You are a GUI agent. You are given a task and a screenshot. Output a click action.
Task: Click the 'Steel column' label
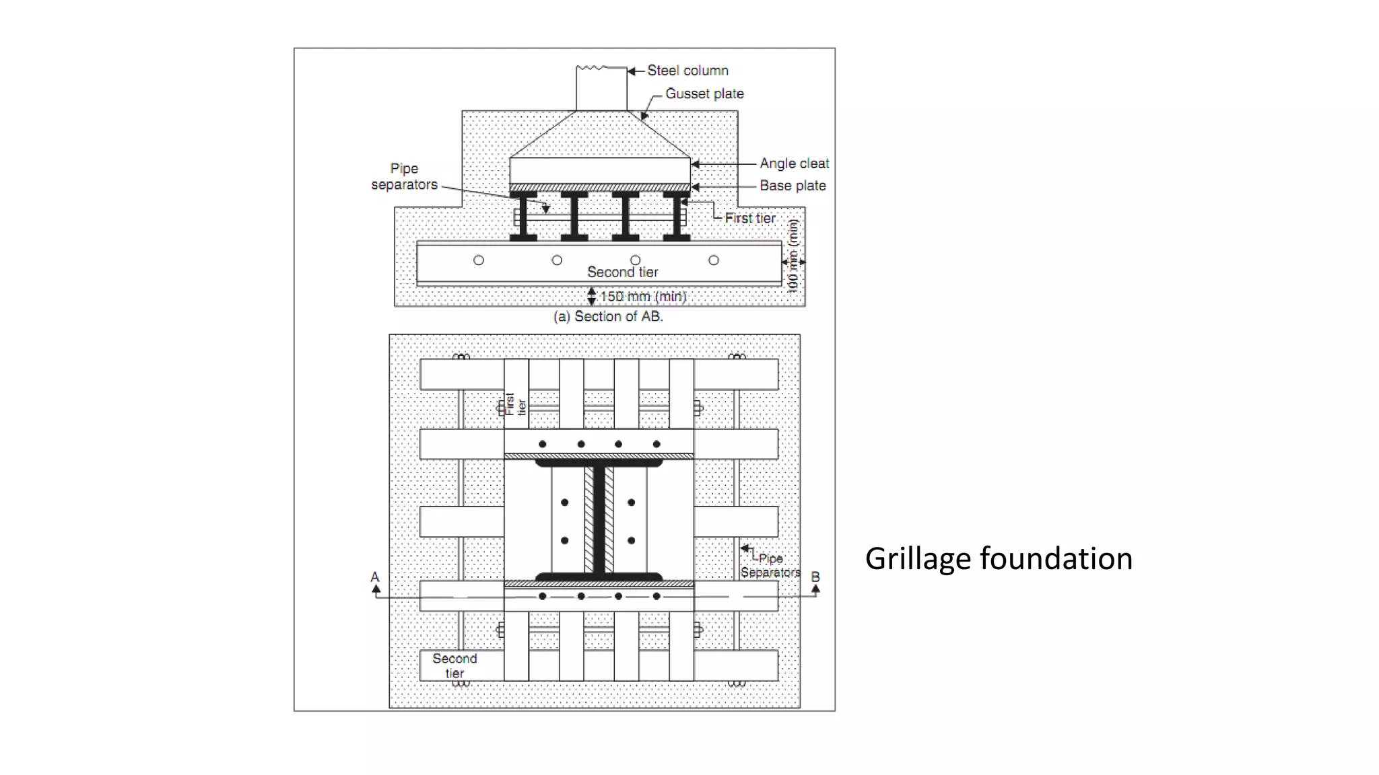(687, 71)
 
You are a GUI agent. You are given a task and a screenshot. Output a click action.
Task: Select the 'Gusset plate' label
(704, 94)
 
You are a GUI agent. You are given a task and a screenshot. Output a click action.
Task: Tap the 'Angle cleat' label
(794, 163)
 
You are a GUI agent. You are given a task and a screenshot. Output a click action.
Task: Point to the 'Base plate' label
(793, 186)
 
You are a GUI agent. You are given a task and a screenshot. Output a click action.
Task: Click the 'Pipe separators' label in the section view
(404, 176)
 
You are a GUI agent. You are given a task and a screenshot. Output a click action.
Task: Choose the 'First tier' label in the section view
(749, 218)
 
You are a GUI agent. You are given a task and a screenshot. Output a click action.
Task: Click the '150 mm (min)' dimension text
(642, 296)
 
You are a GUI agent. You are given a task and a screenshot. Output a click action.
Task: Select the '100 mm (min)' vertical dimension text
(793, 256)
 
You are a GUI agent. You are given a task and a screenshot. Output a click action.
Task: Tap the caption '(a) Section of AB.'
(608, 316)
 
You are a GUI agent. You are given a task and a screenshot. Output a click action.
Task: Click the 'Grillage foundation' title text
(999, 558)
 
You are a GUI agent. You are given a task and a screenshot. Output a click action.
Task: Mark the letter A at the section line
(375, 577)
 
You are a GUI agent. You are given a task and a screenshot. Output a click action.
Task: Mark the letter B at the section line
(815, 577)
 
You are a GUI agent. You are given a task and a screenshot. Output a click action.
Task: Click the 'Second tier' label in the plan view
(455, 665)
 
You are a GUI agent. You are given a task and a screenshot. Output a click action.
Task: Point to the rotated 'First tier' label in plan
(516, 404)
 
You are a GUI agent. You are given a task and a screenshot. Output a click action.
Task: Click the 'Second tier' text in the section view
(622, 272)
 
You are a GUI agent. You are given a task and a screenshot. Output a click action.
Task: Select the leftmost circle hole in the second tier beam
(479, 260)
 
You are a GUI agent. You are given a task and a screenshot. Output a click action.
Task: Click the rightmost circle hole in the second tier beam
(714, 260)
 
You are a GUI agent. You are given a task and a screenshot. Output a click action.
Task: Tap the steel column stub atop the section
(601, 89)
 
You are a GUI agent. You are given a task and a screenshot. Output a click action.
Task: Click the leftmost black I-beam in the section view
(523, 217)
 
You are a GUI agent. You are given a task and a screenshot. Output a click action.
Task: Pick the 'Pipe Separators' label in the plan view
(770, 565)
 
